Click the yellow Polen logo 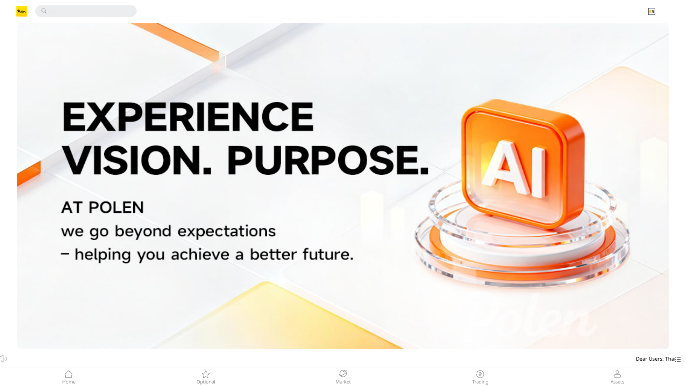coord(21,11)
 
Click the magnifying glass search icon coord(44,11)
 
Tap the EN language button coord(651,11)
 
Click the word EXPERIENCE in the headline coord(188,117)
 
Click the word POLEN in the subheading coord(116,207)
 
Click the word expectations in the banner coord(227,231)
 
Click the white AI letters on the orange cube coord(514,168)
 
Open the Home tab coord(69,377)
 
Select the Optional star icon coord(206,374)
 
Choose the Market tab coord(343,377)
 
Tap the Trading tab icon coord(480,374)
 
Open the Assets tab coord(617,377)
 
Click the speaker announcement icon coord(4,358)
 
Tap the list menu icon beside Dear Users coord(678,359)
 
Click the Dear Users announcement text coord(655,359)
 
